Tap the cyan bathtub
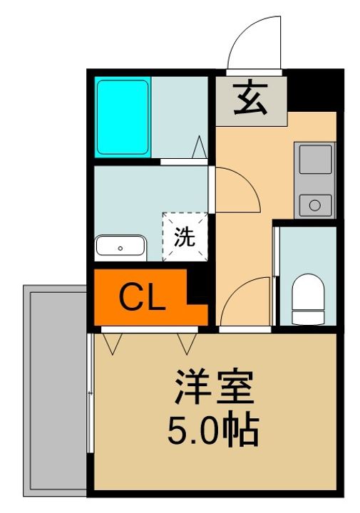(x=123, y=118)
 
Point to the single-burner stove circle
(x=314, y=205)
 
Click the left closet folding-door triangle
(x=113, y=344)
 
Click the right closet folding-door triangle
(x=187, y=344)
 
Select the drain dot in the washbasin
(x=120, y=249)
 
